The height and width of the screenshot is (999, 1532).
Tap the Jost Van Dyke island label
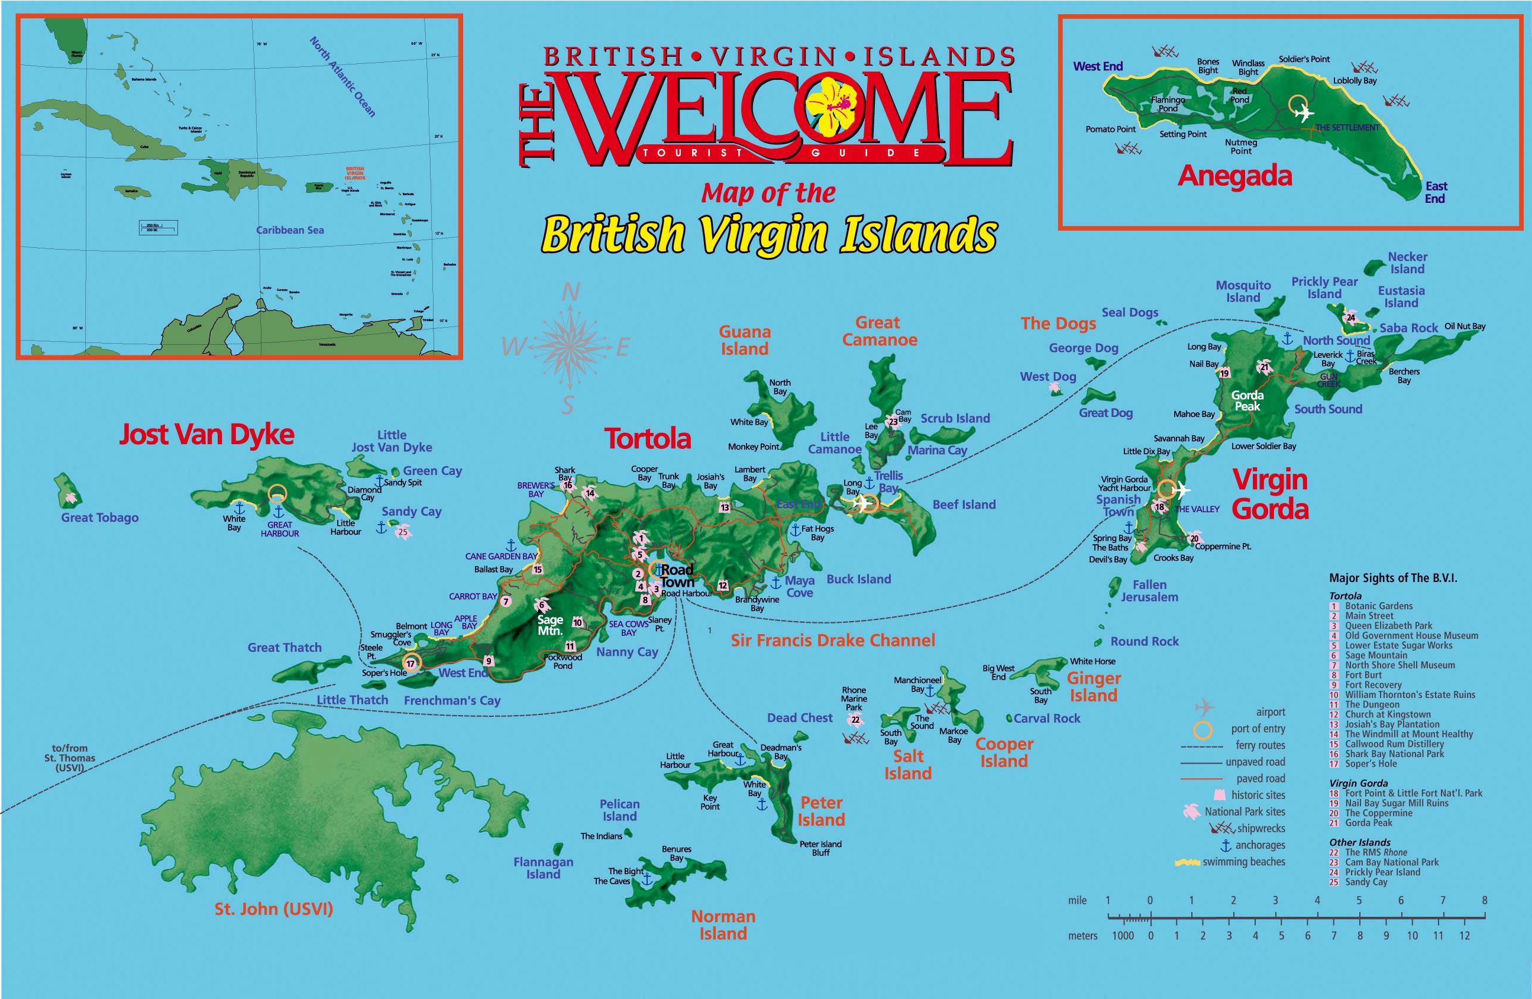tap(206, 435)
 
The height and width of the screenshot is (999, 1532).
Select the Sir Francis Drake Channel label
tap(832, 640)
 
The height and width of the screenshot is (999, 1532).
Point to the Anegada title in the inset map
tap(1234, 176)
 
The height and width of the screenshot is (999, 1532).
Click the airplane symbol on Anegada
tap(1304, 114)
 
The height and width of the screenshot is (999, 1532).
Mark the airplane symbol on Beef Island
tap(861, 504)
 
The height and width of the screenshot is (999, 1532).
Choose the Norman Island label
tap(723, 925)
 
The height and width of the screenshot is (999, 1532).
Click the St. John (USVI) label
tap(273, 909)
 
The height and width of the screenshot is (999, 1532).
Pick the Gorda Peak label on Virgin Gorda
tap(1247, 400)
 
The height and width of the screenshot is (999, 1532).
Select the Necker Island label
tap(1407, 263)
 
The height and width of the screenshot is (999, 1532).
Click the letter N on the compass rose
tap(570, 293)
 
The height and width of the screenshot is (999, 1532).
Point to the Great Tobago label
tap(100, 518)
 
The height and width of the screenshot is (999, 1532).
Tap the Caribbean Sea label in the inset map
tap(290, 230)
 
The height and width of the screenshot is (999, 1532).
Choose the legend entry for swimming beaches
tap(1243, 861)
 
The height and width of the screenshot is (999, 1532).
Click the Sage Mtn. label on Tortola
tap(550, 625)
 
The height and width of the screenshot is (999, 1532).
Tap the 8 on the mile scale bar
tap(1484, 900)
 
